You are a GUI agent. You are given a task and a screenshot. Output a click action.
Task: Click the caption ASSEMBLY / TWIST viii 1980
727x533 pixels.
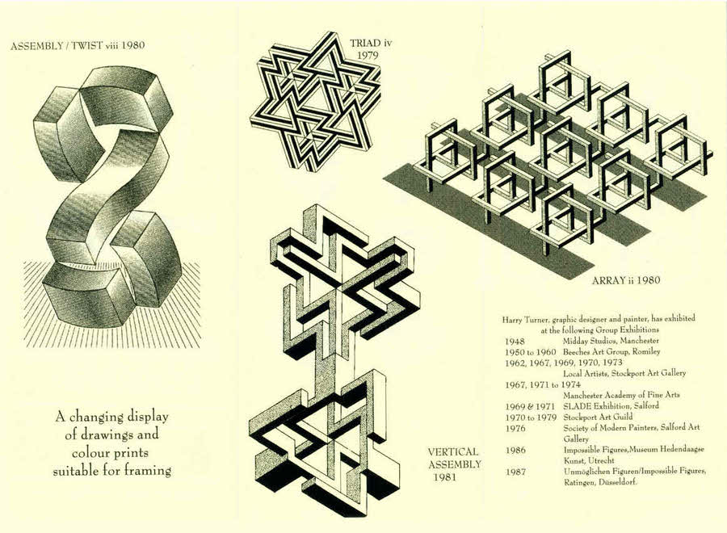tap(78, 45)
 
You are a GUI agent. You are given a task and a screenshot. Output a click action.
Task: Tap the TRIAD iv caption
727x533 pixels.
tap(371, 44)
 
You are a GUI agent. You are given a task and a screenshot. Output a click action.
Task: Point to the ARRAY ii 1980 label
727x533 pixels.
tap(626, 280)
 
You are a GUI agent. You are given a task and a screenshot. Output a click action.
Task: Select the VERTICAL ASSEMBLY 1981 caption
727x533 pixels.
tap(454, 464)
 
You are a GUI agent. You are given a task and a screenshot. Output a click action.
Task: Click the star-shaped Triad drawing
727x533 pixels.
tap(316, 101)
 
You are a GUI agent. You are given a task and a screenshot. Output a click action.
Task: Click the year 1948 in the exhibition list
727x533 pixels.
tap(515, 342)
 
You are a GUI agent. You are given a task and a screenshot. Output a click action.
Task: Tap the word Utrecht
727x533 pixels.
tap(601, 460)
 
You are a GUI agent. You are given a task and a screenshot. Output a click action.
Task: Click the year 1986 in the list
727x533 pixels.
tap(515, 450)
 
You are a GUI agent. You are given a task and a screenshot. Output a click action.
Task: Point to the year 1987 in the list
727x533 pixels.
tap(515, 472)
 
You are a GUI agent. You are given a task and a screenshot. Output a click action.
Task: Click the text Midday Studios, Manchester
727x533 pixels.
tap(611, 341)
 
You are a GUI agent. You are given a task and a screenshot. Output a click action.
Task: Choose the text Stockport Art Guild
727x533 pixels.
tap(598, 417)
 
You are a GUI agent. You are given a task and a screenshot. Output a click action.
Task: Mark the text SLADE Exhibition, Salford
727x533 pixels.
tap(611, 406)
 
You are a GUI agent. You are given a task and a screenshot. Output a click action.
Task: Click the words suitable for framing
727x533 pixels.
tap(111, 471)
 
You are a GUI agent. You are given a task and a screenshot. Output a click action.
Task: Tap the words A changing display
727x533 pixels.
tap(111, 417)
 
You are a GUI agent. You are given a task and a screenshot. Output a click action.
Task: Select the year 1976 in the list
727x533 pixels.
tap(515, 428)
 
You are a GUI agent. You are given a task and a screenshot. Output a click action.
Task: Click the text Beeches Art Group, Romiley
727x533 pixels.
tap(611, 352)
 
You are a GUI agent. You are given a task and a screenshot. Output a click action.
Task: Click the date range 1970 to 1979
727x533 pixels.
tap(531, 418)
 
